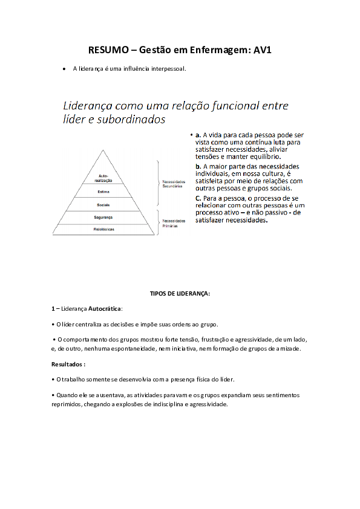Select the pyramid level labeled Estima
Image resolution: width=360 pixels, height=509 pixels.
tap(103, 192)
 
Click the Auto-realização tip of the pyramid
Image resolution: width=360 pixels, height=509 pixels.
tap(103, 178)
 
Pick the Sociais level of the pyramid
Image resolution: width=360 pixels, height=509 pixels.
tap(103, 205)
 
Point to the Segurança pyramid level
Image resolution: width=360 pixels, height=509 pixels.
tap(103, 217)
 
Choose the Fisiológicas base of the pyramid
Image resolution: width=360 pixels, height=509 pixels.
tap(103, 229)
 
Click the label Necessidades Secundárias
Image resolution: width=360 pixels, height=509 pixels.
tap(174, 183)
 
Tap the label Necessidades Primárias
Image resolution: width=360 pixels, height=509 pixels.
tap(174, 223)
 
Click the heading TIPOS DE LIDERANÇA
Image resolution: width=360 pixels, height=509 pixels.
tap(180, 293)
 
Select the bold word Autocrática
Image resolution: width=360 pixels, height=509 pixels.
tap(105, 308)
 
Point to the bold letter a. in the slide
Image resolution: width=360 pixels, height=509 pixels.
tap(198, 134)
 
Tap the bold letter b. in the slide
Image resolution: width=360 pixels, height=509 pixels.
tap(198, 166)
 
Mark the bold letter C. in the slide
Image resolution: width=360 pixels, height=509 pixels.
tap(198, 198)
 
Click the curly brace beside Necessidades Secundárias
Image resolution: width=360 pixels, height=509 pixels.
tap(158, 183)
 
